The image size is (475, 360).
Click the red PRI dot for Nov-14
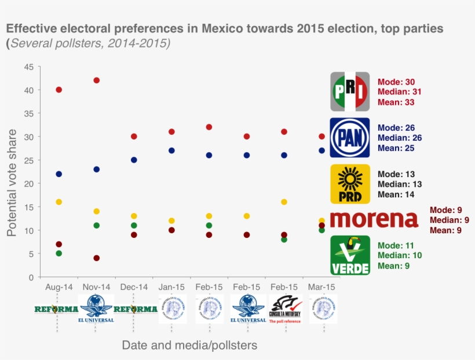click(x=96, y=80)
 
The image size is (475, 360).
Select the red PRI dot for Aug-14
click(x=59, y=90)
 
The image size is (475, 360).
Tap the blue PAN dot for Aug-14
click(x=59, y=174)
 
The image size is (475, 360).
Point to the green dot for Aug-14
click(x=59, y=254)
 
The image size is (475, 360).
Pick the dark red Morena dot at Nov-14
click(x=96, y=258)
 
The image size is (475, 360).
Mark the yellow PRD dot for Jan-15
click(x=171, y=221)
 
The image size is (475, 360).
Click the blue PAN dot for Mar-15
click(x=322, y=150)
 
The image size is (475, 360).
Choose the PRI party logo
click(x=350, y=91)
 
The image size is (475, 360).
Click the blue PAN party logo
click(x=350, y=138)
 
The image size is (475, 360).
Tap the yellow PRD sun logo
click(x=350, y=184)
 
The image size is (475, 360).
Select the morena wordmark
click(x=374, y=220)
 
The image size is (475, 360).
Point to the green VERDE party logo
click(x=350, y=255)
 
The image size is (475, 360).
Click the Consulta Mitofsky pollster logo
click(x=285, y=308)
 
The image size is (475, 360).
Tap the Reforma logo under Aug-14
click(x=56, y=309)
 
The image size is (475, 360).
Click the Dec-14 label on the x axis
click(x=134, y=287)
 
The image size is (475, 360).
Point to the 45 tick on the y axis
click(x=28, y=67)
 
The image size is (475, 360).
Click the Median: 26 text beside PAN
click(x=400, y=138)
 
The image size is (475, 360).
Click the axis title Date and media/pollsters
click(x=189, y=345)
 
